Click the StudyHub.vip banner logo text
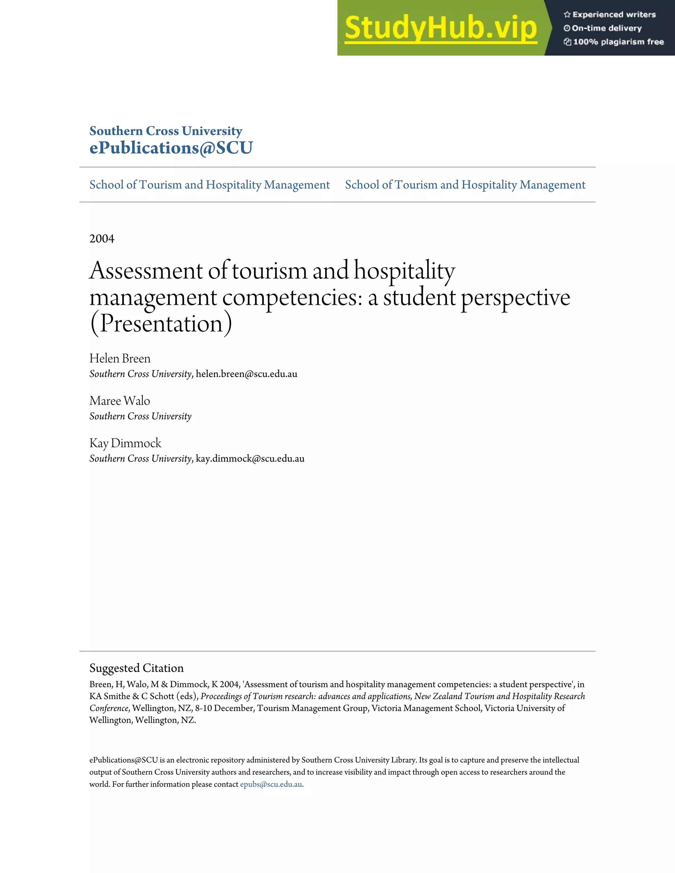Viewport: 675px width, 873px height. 440,28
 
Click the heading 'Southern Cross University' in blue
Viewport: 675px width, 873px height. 165,131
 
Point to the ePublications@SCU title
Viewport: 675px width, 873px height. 171,148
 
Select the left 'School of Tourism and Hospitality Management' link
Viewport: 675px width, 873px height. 209,185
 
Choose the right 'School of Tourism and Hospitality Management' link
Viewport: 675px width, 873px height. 465,185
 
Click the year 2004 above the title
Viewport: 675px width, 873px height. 102,239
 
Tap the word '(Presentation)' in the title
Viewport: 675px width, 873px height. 161,324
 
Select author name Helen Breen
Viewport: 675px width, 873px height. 120,358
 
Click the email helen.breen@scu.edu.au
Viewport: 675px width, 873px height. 246,374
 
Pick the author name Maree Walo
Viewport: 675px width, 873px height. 120,401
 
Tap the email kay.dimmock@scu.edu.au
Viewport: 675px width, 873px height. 250,459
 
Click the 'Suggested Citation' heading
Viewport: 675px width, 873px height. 136,668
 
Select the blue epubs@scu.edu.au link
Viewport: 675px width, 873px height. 271,784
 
